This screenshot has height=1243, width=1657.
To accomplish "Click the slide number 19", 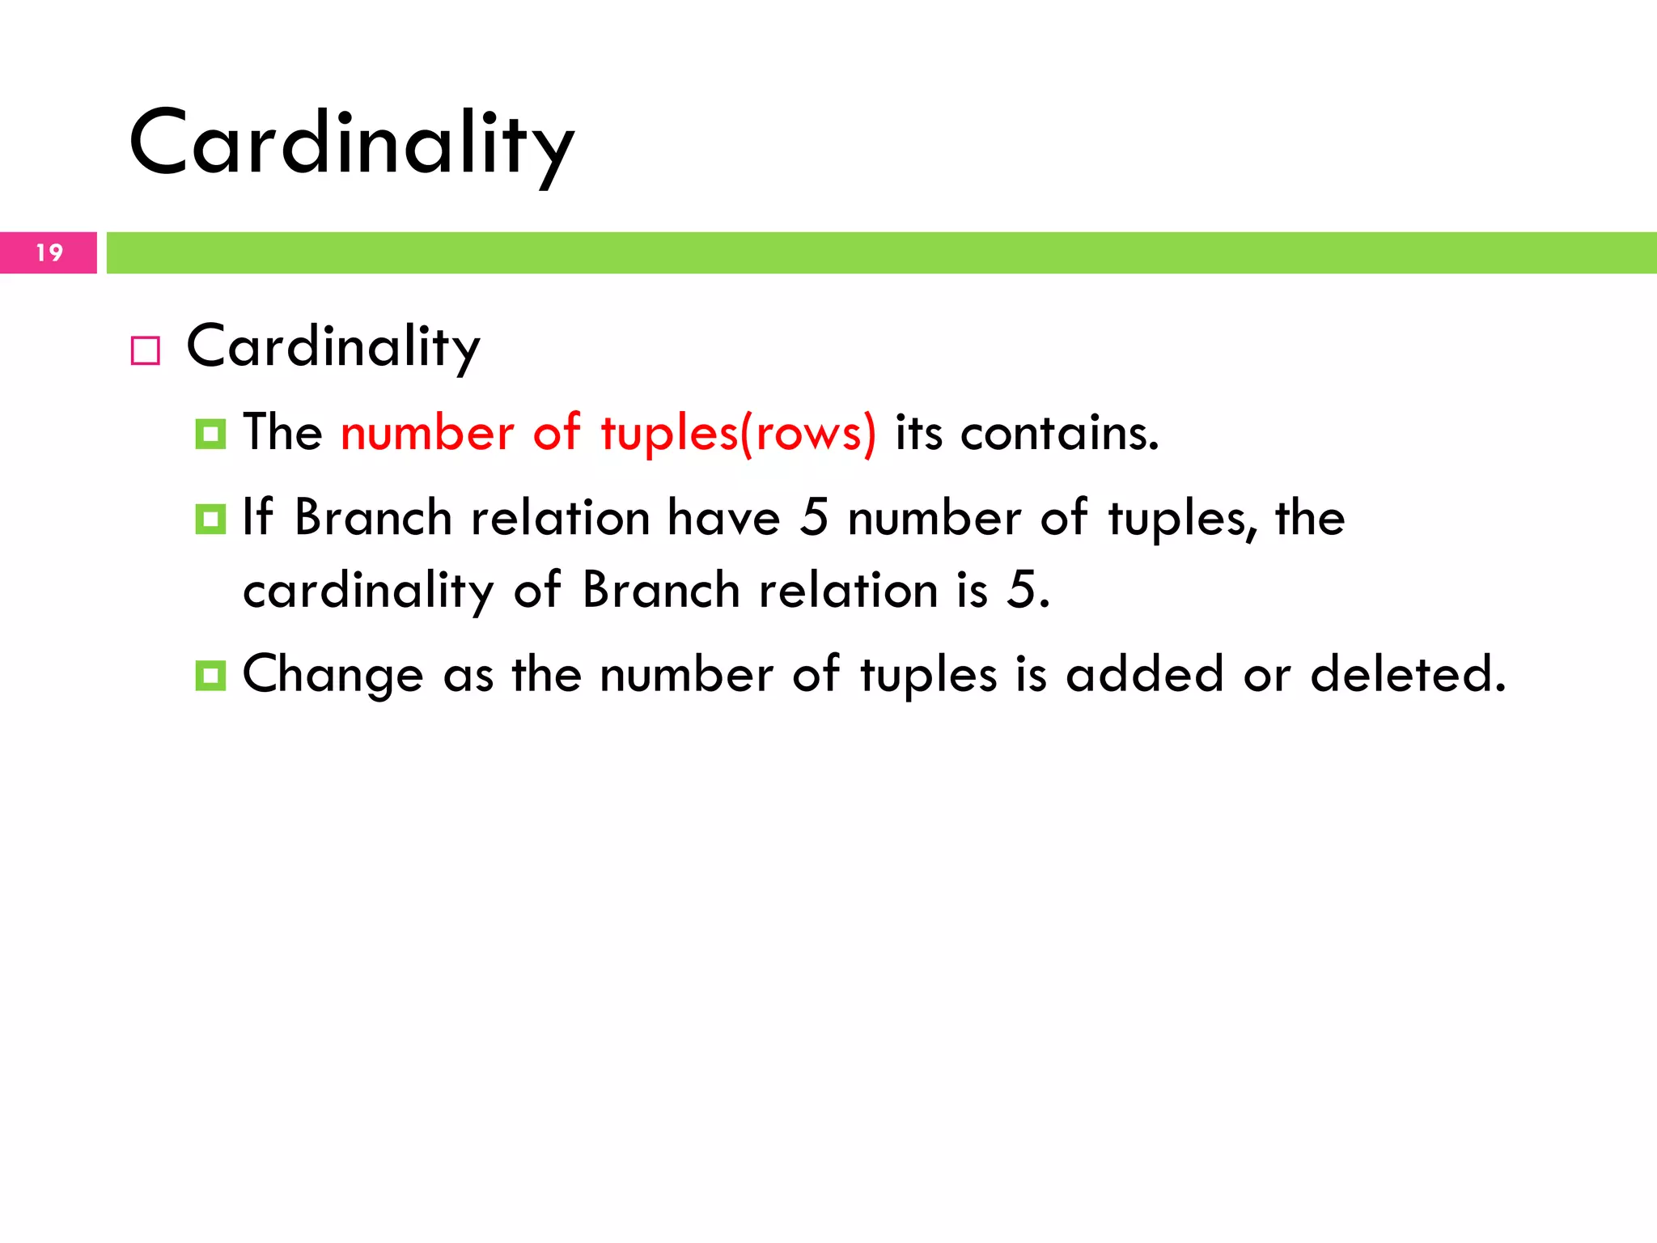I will coord(49,253).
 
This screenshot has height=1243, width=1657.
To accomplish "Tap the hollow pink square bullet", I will coord(146,351).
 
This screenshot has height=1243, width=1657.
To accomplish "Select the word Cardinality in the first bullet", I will coord(333,347).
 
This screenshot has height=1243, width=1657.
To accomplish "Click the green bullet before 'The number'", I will coord(210,435).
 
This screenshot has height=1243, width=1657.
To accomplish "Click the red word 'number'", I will coord(427,433).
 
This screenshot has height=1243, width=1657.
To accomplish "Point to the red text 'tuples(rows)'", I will coord(738,433).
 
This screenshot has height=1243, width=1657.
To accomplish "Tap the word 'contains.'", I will coord(1059,433).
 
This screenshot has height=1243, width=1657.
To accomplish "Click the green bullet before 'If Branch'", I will coord(210,520).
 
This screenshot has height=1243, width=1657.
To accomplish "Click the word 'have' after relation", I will coord(723,518).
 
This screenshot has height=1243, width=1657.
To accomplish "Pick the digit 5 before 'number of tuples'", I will coord(814,518).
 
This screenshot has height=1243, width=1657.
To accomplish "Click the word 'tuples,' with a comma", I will coord(1182,520).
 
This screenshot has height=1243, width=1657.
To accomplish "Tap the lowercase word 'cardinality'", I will coord(368,590).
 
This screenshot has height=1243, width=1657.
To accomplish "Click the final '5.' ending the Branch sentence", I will coord(1028,590).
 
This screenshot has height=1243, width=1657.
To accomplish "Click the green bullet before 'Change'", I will coord(210,676).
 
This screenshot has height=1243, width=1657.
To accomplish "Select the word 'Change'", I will coord(333,676).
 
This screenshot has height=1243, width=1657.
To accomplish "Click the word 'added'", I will coord(1144,674).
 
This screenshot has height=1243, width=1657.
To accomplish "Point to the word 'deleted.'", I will coord(1408,674).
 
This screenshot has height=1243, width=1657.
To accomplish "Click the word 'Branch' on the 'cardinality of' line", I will coord(661,590).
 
